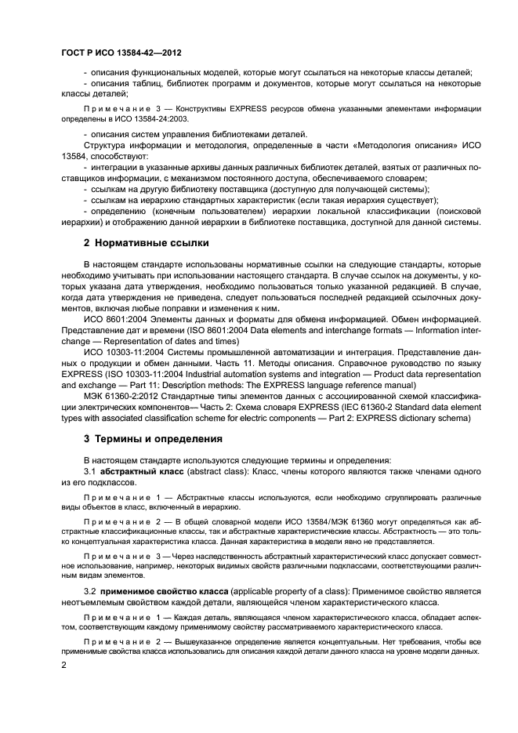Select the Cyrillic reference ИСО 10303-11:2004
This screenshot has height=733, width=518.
[126, 353]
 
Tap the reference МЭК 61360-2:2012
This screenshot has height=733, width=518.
[124, 397]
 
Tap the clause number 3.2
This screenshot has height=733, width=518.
[89, 590]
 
